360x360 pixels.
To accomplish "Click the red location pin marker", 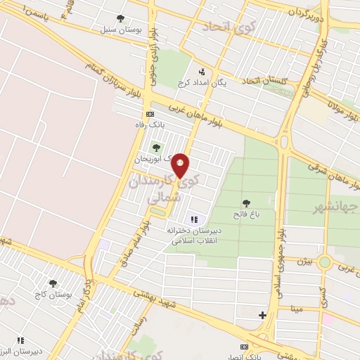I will click(181, 165).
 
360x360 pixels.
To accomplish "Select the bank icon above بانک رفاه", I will click(149, 114).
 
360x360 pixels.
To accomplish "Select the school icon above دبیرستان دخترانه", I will click(194, 219).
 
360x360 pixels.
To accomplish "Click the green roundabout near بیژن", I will click(325, 262).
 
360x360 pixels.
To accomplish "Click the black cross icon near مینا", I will click(262, 315).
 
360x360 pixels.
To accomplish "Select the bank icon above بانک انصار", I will click(245, 347).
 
